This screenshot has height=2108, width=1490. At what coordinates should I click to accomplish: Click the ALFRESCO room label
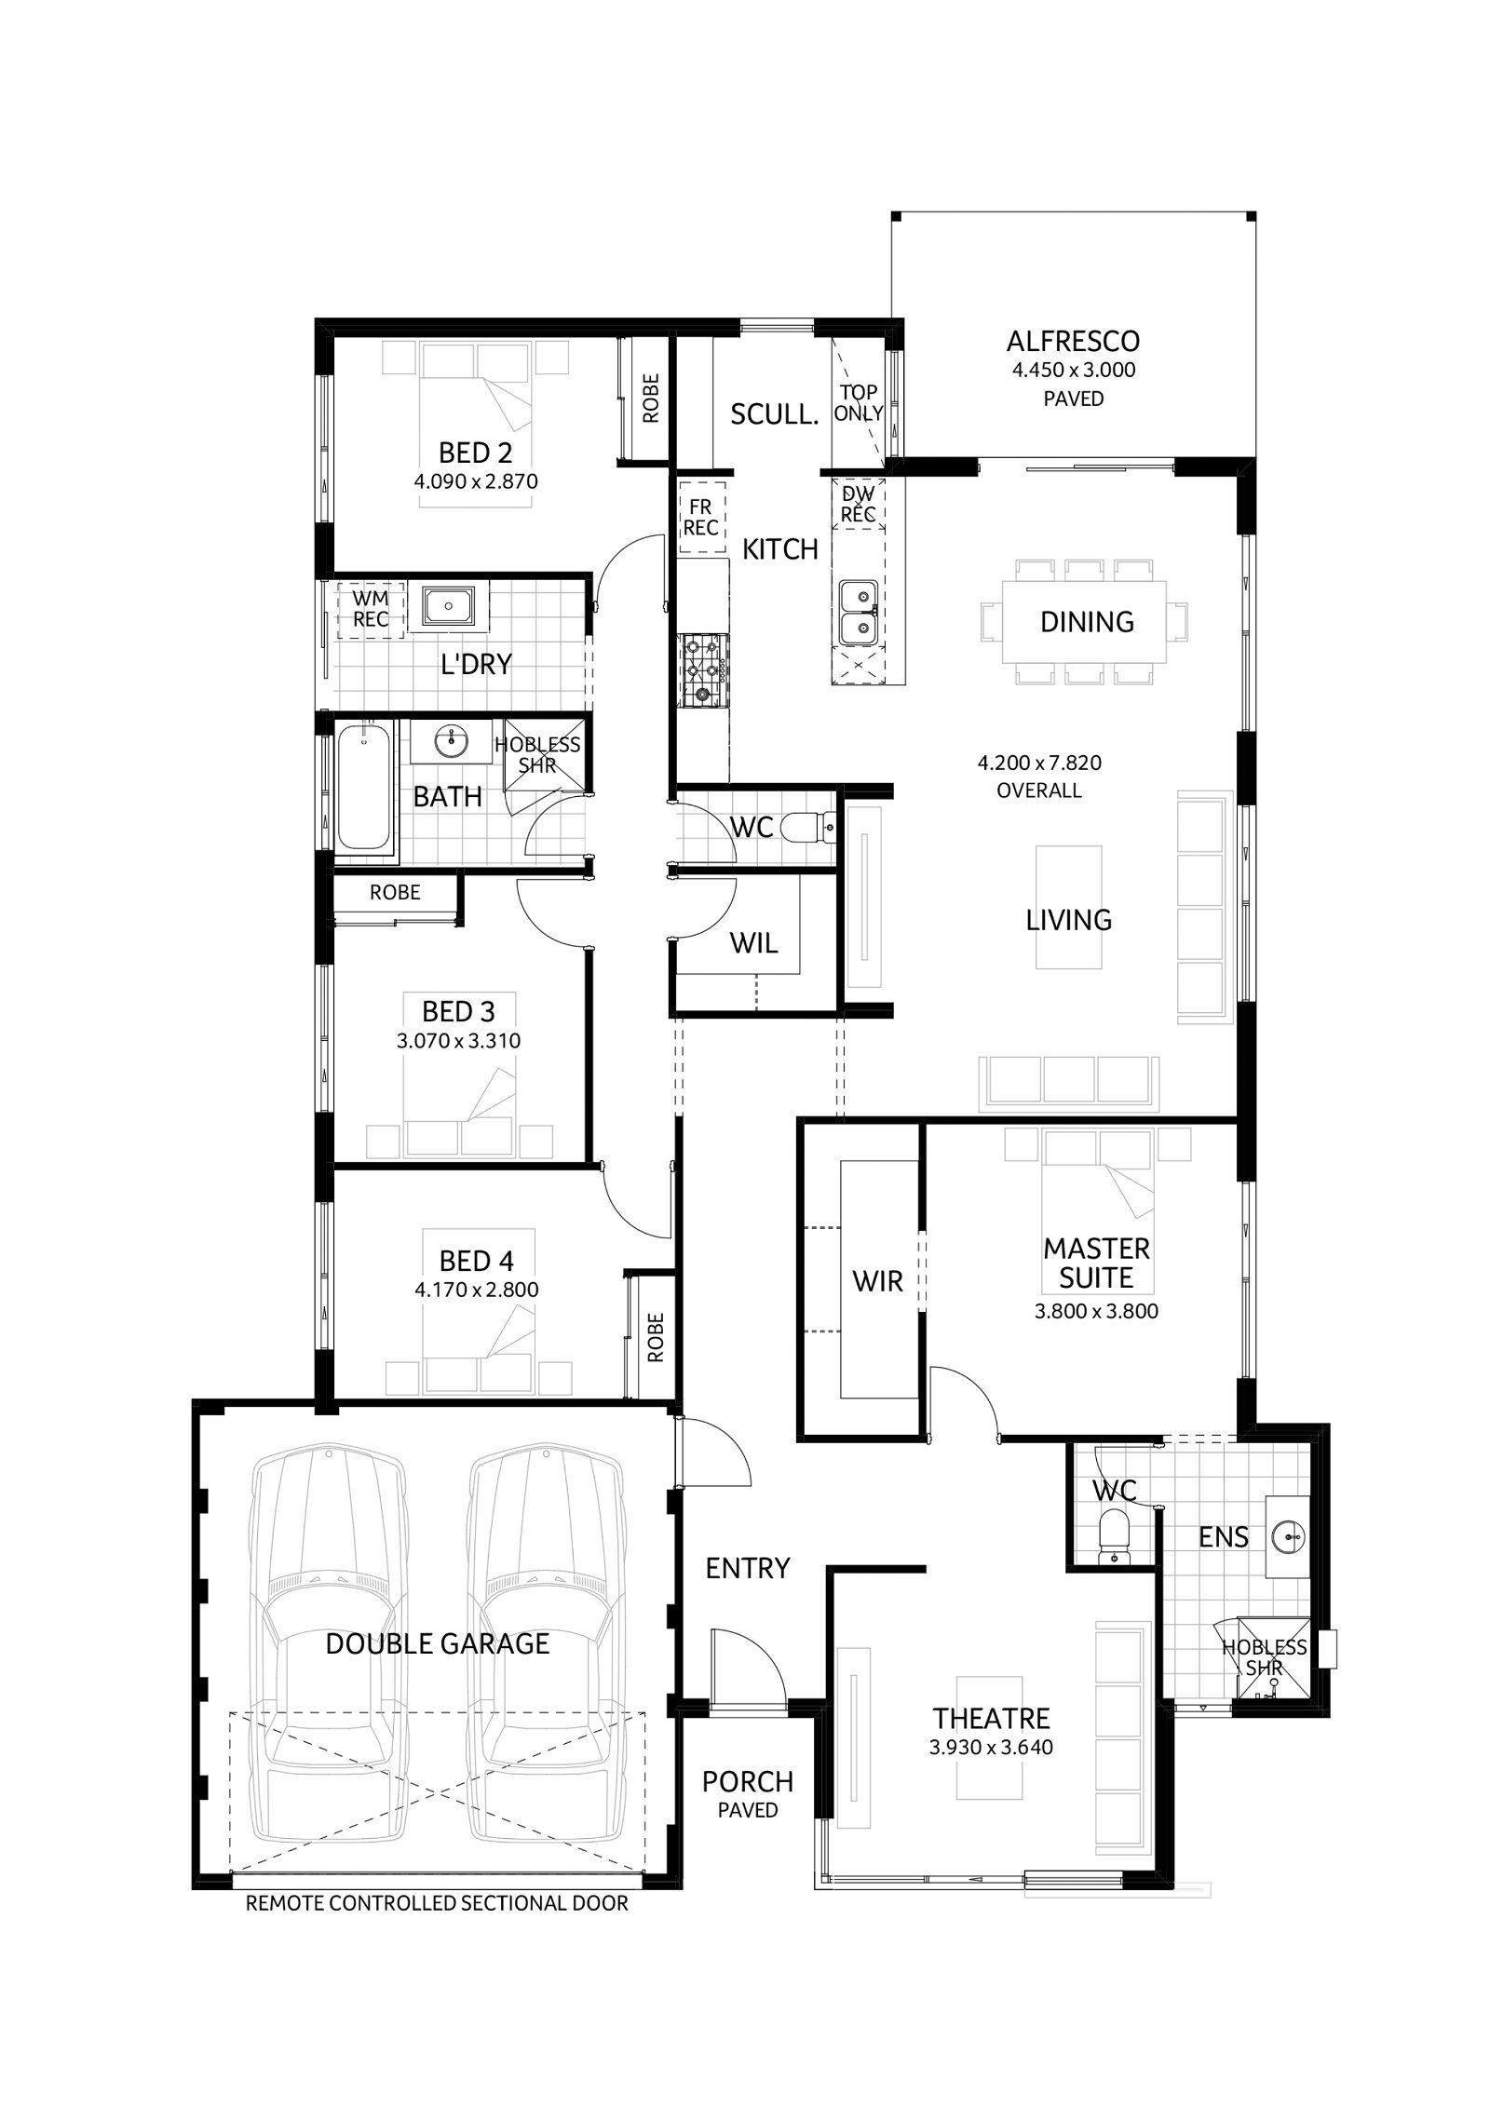pyautogui.click(x=1074, y=341)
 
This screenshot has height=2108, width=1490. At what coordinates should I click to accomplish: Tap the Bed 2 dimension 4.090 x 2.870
pyautogui.click(x=476, y=481)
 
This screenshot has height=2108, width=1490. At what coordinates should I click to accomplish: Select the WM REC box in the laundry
pyautogui.click(x=371, y=610)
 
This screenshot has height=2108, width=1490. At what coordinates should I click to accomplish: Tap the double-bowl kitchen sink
pyautogui.click(x=858, y=613)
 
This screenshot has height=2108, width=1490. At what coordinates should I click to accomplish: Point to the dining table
pyautogui.click(x=1085, y=622)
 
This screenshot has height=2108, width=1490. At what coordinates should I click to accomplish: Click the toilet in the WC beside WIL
pyautogui.click(x=809, y=825)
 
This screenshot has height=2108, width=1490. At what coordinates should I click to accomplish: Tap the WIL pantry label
pyautogui.click(x=753, y=944)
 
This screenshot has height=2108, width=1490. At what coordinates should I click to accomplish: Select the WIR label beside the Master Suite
pyautogui.click(x=877, y=1281)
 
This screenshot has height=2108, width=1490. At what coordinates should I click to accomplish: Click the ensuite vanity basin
pyautogui.click(x=1287, y=1534)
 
